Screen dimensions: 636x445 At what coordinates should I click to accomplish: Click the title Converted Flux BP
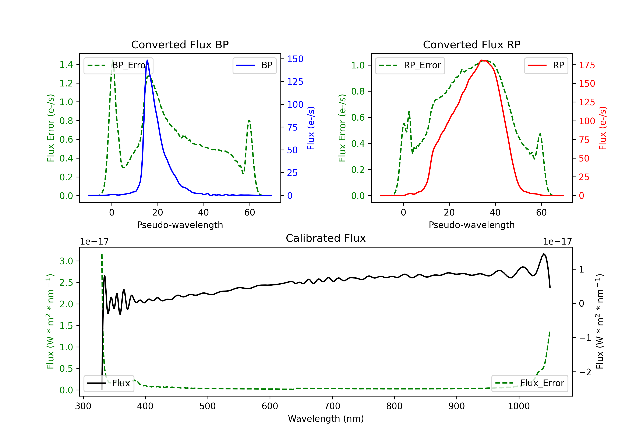[x=180, y=44]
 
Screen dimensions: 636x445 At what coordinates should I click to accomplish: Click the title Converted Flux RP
[x=471, y=44]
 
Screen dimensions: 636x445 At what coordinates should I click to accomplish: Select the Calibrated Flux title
[x=326, y=238]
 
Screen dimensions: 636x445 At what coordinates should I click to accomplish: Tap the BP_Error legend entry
[x=118, y=65]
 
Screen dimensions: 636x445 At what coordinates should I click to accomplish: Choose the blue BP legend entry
[x=254, y=65]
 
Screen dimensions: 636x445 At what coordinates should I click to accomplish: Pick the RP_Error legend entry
[x=410, y=65]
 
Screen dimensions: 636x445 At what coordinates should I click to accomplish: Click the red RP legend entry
[x=546, y=65]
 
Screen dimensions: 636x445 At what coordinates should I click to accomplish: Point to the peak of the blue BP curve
[x=147, y=60]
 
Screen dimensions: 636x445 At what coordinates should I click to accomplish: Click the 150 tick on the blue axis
[x=295, y=59]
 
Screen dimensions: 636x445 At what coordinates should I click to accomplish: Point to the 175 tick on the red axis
[x=587, y=65]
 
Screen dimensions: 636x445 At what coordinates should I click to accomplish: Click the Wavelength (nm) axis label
[x=326, y=419]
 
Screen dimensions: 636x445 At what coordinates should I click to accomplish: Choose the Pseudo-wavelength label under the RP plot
[x=471, y=225]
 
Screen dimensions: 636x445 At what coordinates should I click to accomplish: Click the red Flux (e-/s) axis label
[x=603, y=128]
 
